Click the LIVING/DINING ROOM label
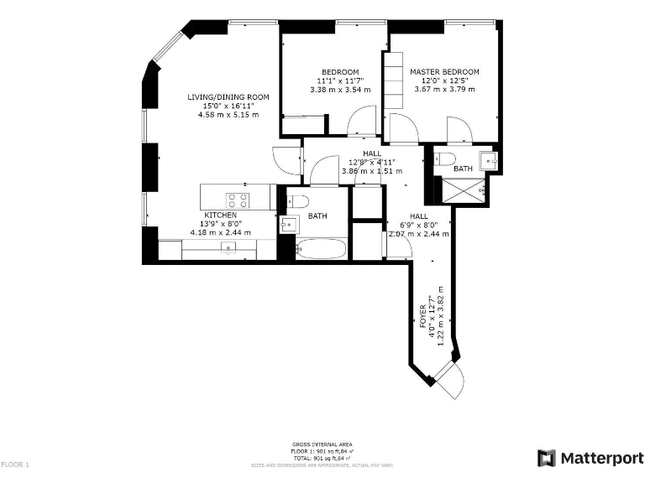tap(228, 97)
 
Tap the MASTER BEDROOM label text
tap(444, 72)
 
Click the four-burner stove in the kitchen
tap(237, 200)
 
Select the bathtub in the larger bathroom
tap(322, 249)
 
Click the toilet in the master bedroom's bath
tap(445, 158)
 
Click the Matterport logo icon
tap(547, 458)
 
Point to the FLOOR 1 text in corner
tap(15, 464)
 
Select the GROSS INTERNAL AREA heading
tap(322, 444)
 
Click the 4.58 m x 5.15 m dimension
tap(228, 114)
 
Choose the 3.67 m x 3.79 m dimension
tap(444, 89)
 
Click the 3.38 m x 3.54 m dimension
tap(340, 89)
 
